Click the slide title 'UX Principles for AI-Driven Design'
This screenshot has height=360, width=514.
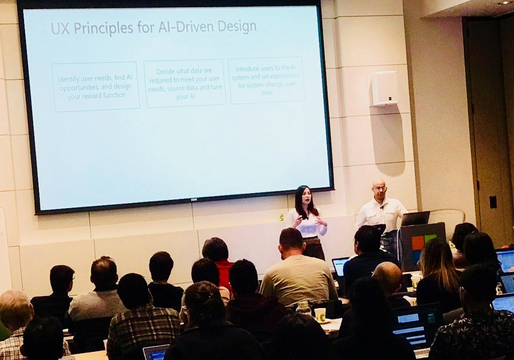154,27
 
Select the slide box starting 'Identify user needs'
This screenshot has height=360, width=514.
95,87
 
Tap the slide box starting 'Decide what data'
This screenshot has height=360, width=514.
184,83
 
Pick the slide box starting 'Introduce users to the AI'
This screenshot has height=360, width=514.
266,80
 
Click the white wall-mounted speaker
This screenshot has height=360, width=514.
384,88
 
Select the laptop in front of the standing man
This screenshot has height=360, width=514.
415,219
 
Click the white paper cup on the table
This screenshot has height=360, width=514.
320,315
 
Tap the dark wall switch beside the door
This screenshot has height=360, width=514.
493,202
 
